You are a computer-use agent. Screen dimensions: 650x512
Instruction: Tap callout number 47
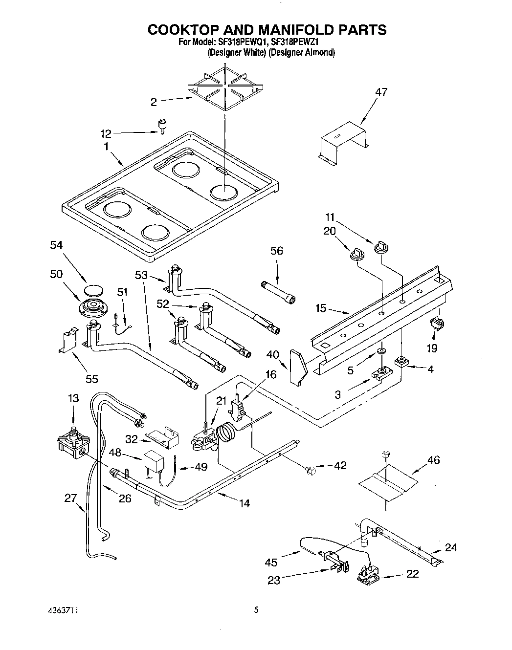click(380, 92)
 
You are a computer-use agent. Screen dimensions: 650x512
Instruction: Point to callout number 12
click(106, 133)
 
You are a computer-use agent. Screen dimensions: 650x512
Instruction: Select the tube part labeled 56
click(279, 292)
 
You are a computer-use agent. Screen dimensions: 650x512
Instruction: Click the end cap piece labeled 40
click(297, 367)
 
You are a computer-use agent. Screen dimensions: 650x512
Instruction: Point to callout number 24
click(451, 547)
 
